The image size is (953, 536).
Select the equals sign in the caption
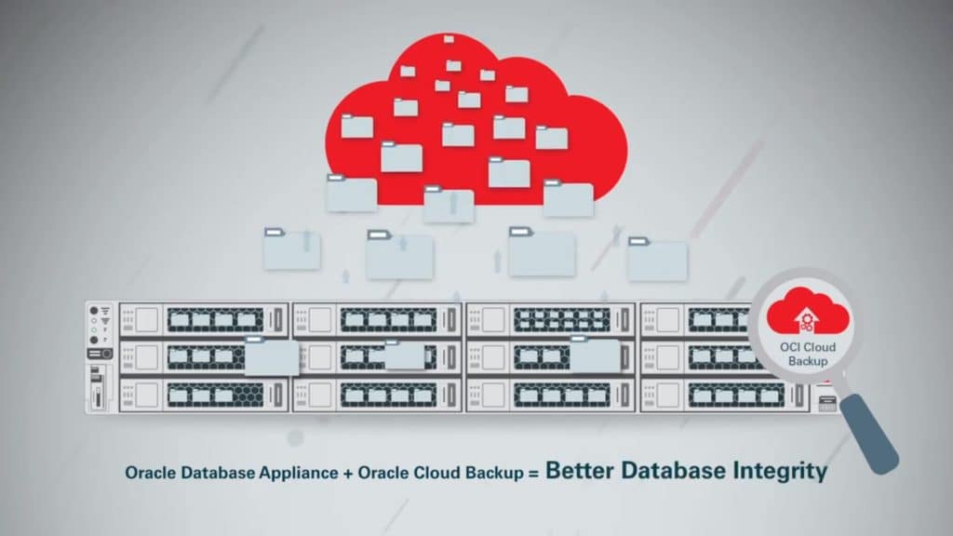[533, 473]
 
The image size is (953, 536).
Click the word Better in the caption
[579, 471]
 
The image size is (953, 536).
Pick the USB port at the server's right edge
[827, 403]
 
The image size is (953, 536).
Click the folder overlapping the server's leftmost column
[272, 357]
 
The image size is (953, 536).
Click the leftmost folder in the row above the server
[291, 249]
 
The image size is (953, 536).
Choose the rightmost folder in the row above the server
[657, 260]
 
